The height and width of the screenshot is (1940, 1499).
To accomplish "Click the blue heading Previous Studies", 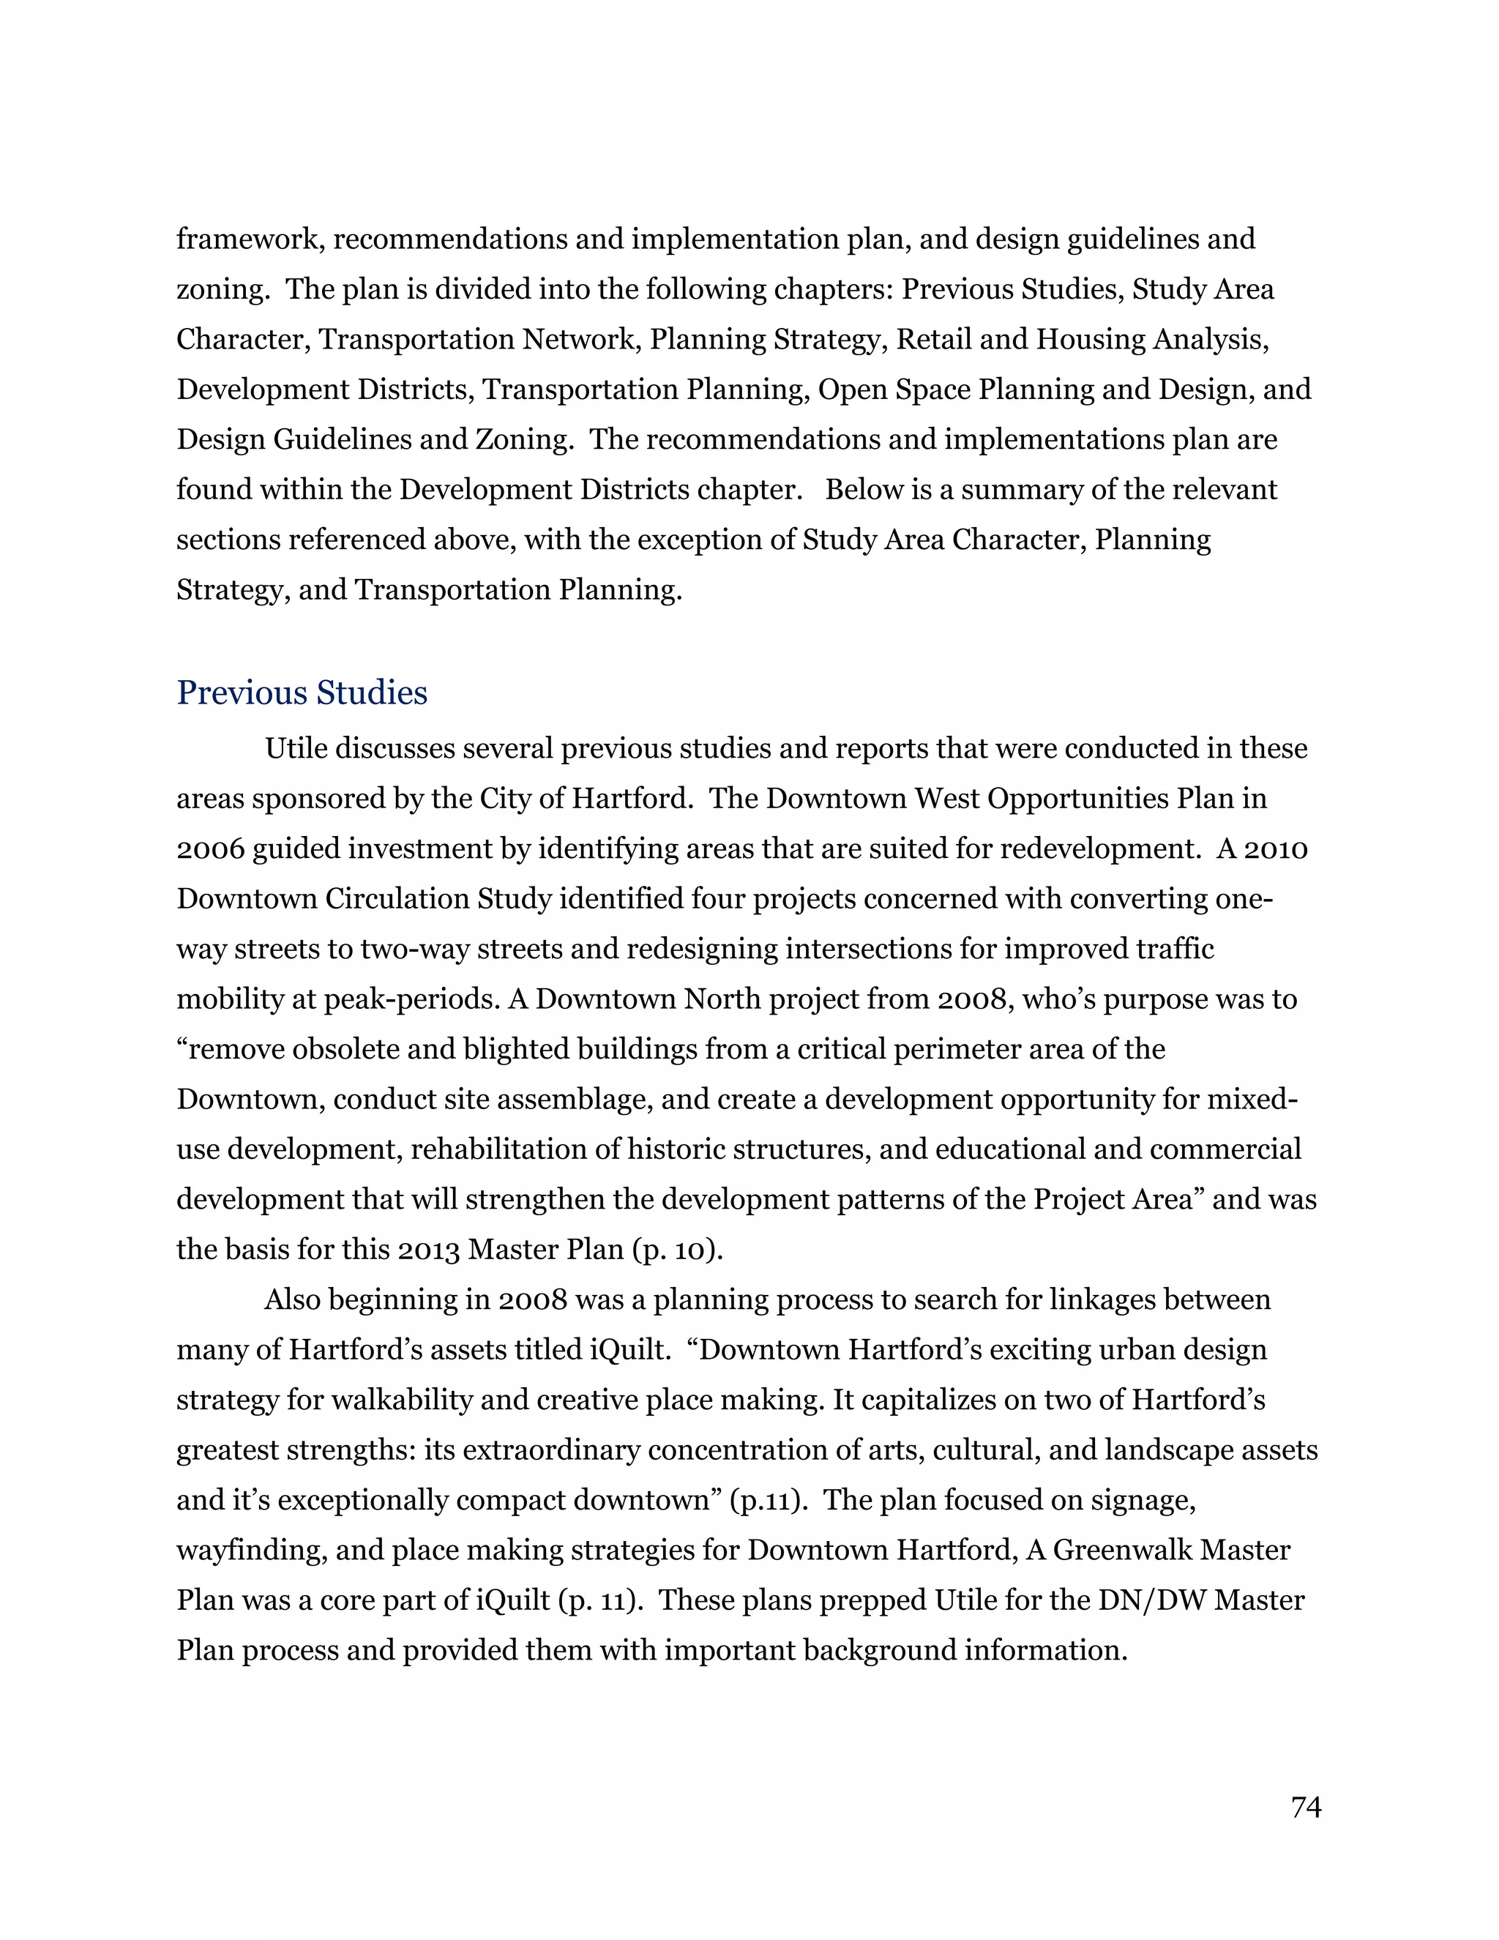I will pyautogui.click(x=302, y=694).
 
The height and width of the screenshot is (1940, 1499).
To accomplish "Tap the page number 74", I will pyautogui.click(x=1306, y=1807).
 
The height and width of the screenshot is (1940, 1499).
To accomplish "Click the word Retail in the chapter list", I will pyautogui.click(x=932, y=340).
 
